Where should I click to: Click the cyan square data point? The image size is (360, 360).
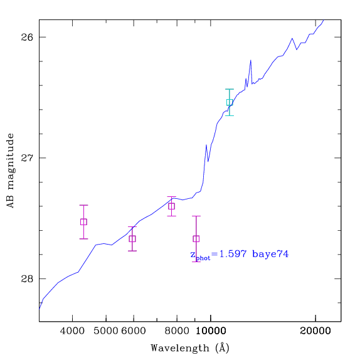point(230,102)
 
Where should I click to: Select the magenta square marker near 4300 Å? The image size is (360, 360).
point(83,222)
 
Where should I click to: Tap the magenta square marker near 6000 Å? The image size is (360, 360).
point(132,239)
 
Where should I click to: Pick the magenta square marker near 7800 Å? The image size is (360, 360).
point(171,206)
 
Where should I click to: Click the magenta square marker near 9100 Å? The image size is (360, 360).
point(196,239)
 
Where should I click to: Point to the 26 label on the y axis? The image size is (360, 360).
point(27,37)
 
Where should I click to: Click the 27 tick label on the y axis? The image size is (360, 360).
point(27,157)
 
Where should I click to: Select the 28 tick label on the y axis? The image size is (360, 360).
point(27,278)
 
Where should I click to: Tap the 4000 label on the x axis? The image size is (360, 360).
point(72,331)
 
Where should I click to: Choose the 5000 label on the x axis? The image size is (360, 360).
point(106,331)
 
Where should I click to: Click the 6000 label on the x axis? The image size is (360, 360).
point(134,331)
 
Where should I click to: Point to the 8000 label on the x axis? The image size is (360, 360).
point(177,331)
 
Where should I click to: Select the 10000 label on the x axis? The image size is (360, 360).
point(211,331)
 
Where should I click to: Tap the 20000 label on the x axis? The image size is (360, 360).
point(315,331)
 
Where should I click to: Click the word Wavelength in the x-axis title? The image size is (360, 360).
point(180,348)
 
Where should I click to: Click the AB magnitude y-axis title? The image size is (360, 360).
point(11,171)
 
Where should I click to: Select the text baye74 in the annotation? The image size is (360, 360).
point(270,254)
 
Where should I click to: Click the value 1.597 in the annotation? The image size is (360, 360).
point(233,254)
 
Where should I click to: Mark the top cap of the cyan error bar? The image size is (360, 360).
point(230,89)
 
